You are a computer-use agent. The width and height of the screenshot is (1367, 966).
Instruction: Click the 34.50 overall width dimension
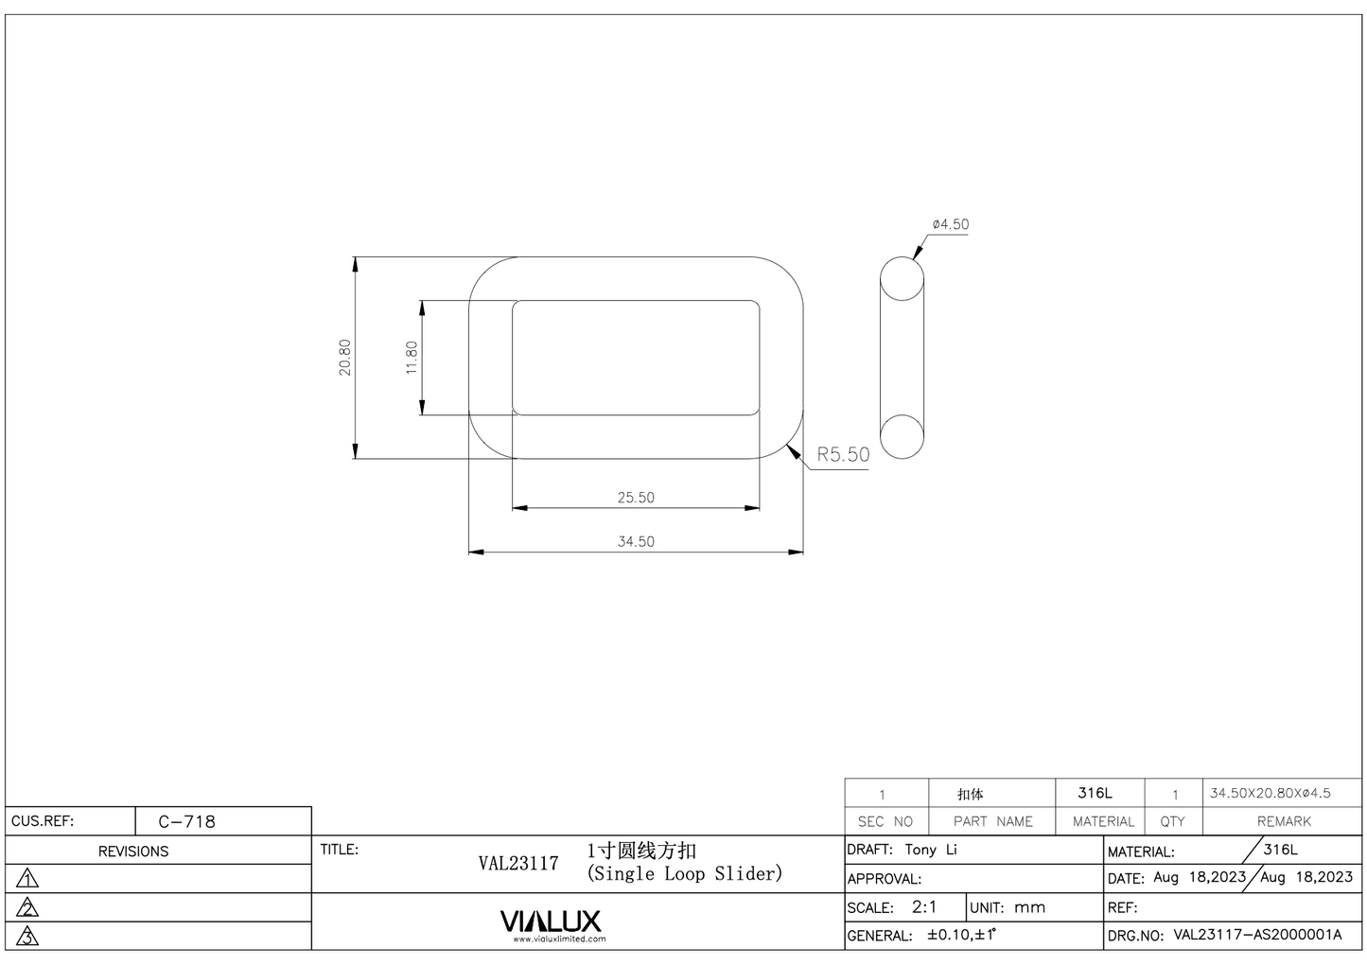pos(636,541)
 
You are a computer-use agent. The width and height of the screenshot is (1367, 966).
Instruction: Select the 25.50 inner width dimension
pos(636,497)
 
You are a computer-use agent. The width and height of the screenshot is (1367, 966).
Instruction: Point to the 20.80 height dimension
pos(345,358)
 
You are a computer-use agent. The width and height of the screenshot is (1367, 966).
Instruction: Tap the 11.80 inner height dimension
pos(412,358)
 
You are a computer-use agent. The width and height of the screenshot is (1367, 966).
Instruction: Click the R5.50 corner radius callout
pos(843,454)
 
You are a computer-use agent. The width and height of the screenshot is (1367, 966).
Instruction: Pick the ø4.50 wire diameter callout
pos(950,224)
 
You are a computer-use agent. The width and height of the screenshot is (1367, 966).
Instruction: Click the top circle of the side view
pos(902,279)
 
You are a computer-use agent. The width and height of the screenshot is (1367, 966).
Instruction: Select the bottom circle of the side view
pos(902,436)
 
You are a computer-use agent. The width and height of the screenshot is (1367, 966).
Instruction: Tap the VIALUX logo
pos(550,921)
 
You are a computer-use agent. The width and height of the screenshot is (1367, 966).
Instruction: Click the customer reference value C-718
pos(186,821)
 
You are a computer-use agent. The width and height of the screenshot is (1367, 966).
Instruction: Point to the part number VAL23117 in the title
pos(517,863)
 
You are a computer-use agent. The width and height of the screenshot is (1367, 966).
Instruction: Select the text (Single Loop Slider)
pos(684,873)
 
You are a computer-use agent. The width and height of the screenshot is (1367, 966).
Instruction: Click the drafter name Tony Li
pos(931,850)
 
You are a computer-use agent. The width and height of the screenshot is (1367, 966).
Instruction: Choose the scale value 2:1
pos(924,906)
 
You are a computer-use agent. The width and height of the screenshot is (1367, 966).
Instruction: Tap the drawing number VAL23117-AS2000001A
pos(1257,935)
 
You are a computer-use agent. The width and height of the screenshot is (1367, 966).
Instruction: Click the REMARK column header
pos(1284,821)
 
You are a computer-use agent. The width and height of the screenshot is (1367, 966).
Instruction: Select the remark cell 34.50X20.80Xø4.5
pos(1270,793)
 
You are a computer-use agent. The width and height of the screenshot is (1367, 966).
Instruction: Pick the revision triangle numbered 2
pos(28,908)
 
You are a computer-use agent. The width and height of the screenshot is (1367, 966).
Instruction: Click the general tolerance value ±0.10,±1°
pos(962,935)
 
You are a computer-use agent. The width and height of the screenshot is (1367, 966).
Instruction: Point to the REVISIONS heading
pos(133,852)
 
